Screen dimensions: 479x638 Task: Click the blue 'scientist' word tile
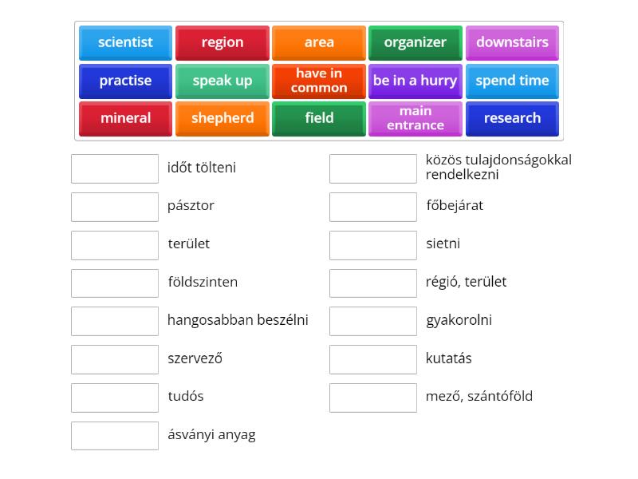click(125, 42)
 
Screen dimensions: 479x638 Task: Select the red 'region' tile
click(223, 42)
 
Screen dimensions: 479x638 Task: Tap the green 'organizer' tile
click(415, 42)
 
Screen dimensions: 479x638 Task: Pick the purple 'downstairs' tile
click(512, 42)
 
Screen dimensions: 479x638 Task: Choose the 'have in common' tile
click(319, 81)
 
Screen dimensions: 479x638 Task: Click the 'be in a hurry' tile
click(415, 81)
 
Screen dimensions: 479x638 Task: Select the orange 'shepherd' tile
click(223, 118)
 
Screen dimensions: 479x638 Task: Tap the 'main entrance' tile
click(415, 118)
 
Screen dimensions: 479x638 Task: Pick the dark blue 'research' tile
click(512, 118)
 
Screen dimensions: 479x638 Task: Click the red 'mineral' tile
click(125, 118)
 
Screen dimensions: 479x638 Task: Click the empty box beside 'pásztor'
click(115, 207)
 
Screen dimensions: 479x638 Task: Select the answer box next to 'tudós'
click(115, 398)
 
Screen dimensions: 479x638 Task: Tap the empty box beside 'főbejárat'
click(373, 207)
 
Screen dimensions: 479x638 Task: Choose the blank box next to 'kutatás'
click(373, 359)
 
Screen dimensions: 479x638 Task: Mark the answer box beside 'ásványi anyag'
click(115, 436)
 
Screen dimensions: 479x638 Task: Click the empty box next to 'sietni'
click(373, 245)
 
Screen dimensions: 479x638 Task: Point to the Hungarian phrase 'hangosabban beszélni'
click(238, 320)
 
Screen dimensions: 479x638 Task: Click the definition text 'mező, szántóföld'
click(479, 396)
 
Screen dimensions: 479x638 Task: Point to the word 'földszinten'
click(203, 282)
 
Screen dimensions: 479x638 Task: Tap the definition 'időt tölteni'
click(202, 168)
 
